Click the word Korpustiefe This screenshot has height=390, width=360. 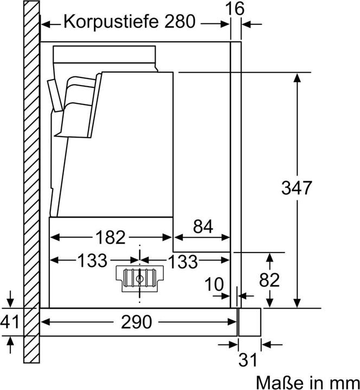(x=111, y=22)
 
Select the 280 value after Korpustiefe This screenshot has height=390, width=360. (x=180, y=21)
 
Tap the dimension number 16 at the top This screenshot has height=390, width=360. (x=235, y=9)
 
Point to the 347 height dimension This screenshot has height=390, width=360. (x=297, y=188)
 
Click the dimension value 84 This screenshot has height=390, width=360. (x=203, y=226)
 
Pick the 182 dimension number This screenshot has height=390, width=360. (x=110, y=237)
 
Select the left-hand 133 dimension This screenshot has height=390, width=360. (x=92, y=260)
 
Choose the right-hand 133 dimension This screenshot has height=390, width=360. (x=183, y=262)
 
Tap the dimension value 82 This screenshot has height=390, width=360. (x=269, y=280)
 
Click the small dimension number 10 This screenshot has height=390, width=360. (x=214, y=284)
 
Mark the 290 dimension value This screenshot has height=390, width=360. (x=136, y=322)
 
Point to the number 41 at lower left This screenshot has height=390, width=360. (x=10, y=321)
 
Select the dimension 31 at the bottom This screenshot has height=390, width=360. (x=247, y=360)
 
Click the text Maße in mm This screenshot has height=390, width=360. (x=308, y=382)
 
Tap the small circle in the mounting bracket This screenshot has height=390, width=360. (x=139, y=279)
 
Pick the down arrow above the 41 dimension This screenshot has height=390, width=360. (x=10, y=298)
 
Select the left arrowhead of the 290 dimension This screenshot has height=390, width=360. (x=46, y=322)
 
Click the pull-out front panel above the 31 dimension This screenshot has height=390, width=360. (x=250, y=322)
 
